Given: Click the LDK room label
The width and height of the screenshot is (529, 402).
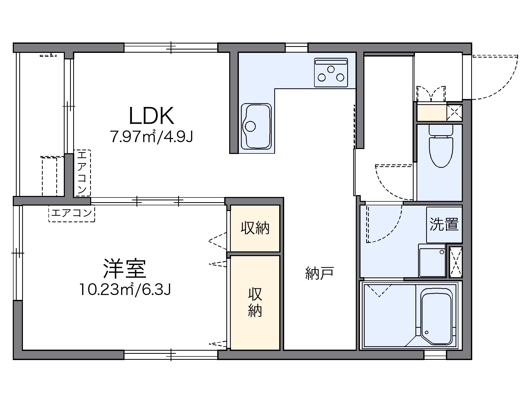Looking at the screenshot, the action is click(151, 116).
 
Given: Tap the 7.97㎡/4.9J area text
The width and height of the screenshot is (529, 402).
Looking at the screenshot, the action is click(152, 137).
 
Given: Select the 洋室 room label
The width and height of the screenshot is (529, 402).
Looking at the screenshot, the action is click(125, 269).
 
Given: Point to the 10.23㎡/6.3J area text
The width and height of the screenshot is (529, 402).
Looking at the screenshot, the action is click(125, 289).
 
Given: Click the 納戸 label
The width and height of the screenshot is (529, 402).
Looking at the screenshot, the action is click(320, 273).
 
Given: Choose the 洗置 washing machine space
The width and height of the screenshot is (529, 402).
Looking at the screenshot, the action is click(444, 225).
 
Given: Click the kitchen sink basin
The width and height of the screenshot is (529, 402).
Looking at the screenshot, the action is click(256, 127).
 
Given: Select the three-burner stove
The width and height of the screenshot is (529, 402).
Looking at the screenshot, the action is click(331, 72).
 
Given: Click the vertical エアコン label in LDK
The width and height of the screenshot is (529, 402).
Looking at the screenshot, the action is click(82, 173).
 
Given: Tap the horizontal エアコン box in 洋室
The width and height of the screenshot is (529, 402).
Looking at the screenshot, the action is click(72, 213).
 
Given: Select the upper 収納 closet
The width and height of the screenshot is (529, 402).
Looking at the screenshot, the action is click(255, 228).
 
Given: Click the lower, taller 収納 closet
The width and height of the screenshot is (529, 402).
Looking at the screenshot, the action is click(255, 303).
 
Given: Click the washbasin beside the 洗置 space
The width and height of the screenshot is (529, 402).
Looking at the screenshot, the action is click(432, 261).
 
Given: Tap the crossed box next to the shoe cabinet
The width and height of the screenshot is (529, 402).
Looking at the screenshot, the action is click(455, 112).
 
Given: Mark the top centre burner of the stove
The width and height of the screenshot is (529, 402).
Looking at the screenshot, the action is click(331, 69).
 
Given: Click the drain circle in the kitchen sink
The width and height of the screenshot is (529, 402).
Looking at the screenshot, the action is click(251, 127).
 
